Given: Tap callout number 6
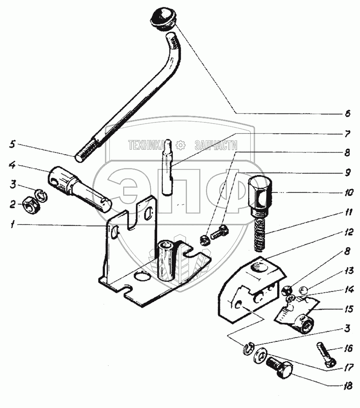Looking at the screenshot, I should point(347,115).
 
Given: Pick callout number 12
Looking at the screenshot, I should point(347,232).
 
